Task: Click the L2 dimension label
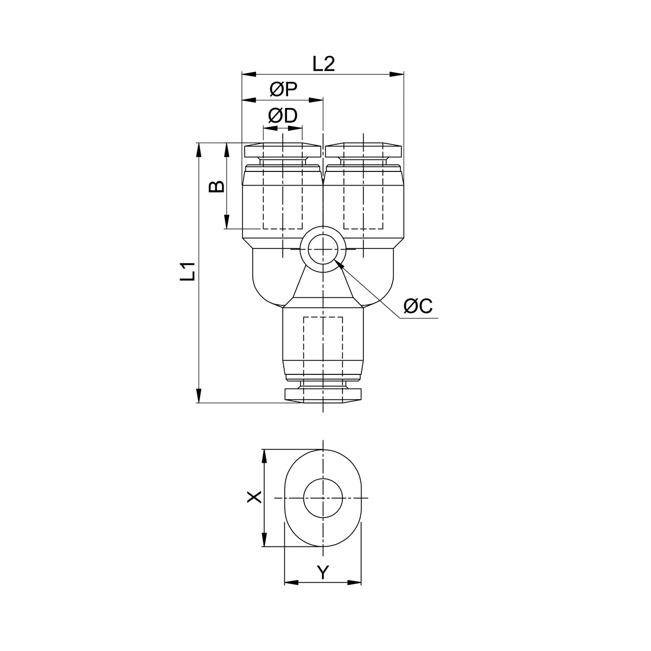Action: (x=324, y=64)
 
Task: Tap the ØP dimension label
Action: (x=283, y=90)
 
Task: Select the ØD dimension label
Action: (x=283, y=116)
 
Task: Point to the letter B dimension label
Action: (x=217, y=186)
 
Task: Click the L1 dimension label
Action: (x=188, y=271)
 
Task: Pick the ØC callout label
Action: (x=418, y=306)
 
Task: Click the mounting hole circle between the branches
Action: (x=323, y=250)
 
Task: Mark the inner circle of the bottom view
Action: (x=323, y=498)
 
